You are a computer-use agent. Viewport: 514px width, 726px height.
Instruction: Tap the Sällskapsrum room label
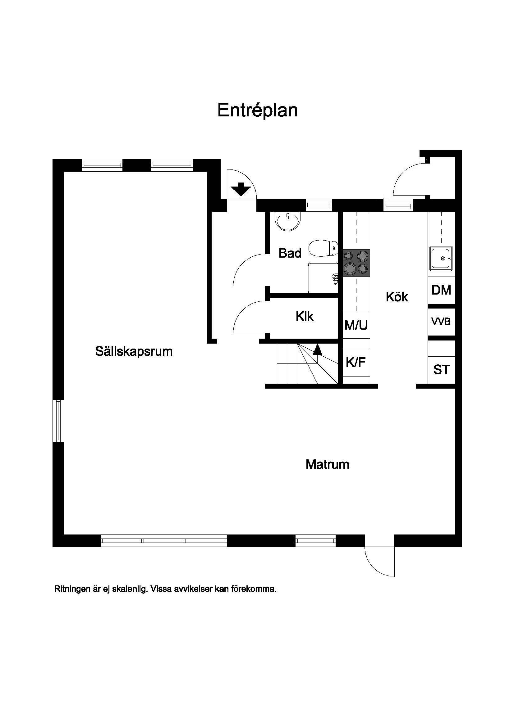134,351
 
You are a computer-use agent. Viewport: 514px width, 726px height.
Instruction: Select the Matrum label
327,464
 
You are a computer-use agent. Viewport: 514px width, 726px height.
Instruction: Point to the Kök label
397,297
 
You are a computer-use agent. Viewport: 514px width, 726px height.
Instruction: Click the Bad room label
290,253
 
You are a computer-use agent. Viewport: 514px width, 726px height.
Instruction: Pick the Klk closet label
305,316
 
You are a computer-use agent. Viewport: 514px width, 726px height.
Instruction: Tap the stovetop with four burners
356,263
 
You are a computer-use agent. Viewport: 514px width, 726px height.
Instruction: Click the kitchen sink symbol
441,258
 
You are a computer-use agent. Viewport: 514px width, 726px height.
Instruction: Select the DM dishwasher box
441,290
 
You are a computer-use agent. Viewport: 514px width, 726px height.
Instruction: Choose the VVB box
441,322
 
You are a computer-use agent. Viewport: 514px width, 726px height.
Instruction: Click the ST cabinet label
441,369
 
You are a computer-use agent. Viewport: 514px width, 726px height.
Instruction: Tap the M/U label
356,325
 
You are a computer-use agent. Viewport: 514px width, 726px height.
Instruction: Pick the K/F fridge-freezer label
356,362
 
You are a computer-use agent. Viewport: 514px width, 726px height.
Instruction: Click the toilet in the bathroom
323,248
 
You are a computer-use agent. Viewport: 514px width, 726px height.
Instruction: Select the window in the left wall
58,421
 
